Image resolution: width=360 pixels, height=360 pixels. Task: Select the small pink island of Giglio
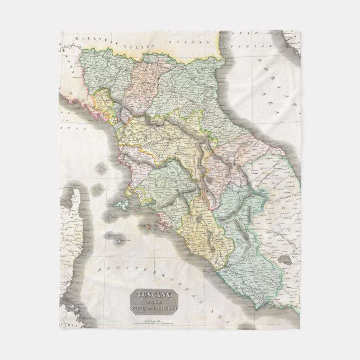click(150, 226)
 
